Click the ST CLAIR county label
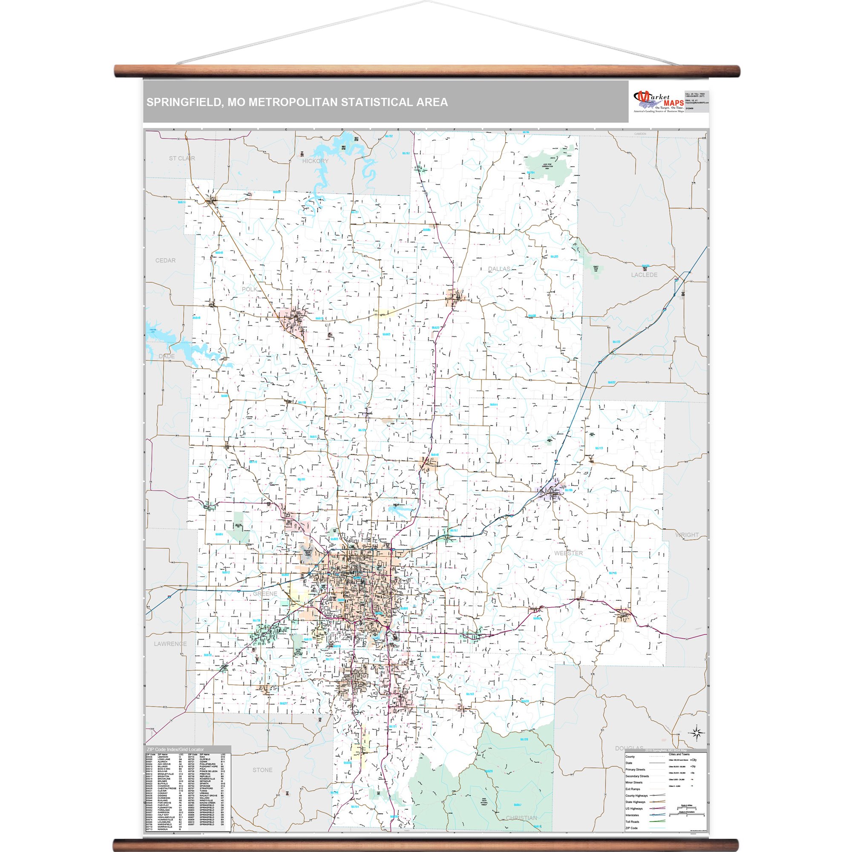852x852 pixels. click(x=182, y=158)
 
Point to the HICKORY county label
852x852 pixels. click(x=315, y=161)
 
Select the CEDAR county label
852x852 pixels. click(x=165, y=261)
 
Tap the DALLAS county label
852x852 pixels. click(x=499, y=269)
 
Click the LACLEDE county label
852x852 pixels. click(x=644, y=275)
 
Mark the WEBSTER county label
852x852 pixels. click(x=568, y=553)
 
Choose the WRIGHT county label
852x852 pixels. click(x=687, y=535)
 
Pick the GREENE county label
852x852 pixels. click(x=265, y=593)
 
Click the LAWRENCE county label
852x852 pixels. click(x=170, y=644)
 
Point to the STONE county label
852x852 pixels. click(x=262, y=770)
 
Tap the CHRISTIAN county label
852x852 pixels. click(x=521, y=818)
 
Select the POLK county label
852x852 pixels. click(x=249, y=289)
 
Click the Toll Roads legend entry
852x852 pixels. click(x=632, y=822)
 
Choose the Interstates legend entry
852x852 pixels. click(x=632, y=815)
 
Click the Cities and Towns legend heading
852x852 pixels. click(x=679, y=754)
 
